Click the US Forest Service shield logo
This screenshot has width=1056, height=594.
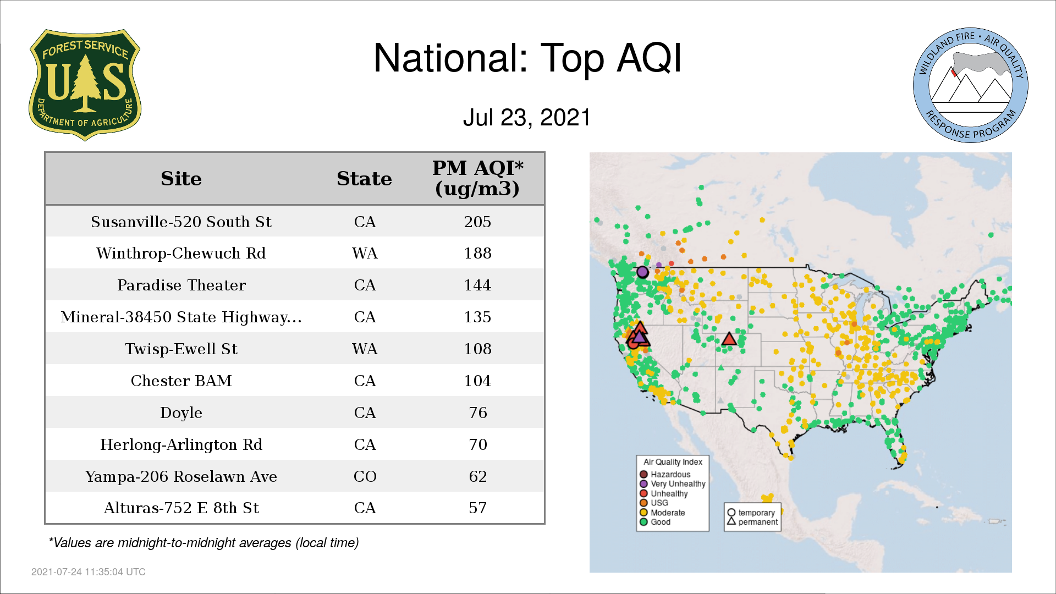click(85, 85)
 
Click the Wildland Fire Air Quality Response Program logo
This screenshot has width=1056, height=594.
click(971, 85)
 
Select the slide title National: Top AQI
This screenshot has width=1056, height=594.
click(527, 58)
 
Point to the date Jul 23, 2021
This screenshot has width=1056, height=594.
click(526, 117)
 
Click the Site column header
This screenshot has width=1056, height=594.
click(181, 179)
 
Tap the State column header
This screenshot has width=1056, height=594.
click(364, 179)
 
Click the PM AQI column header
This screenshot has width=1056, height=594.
click(477, 178)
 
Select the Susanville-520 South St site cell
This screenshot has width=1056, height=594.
click(181, 222)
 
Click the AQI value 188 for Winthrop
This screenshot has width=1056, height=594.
click(477, 253)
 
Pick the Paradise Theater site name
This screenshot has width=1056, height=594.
click(181, 285)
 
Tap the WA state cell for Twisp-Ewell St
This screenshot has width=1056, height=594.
click(365, 349)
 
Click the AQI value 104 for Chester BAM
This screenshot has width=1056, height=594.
click(477, 381)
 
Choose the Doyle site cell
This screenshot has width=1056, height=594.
click(181, 413)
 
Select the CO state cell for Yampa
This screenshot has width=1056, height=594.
click(365, 476)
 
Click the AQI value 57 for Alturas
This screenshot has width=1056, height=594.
click(477, 508)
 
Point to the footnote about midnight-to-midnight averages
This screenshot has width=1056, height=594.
click(204, 543)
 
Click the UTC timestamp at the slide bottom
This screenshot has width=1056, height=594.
click(89, 572)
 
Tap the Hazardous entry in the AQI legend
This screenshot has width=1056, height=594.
click(665, 474)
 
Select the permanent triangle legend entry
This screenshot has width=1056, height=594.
click(752, 522)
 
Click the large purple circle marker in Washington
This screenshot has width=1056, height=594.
click(642, 272)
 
